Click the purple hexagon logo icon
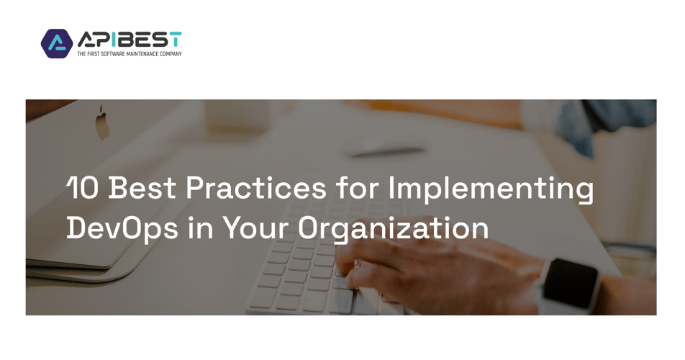point(57,44)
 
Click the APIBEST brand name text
point(130,40)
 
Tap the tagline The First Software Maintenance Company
point(130,54)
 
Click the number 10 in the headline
point(83,188)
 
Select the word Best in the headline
point(142,188)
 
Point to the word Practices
point(256,188)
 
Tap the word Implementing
point(491,190)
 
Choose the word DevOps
point(122,228)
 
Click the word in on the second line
point(200,228)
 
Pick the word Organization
point(393,229)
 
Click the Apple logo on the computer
point(102,123)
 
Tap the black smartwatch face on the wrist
point(571,283)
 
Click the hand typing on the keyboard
point(437,273)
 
